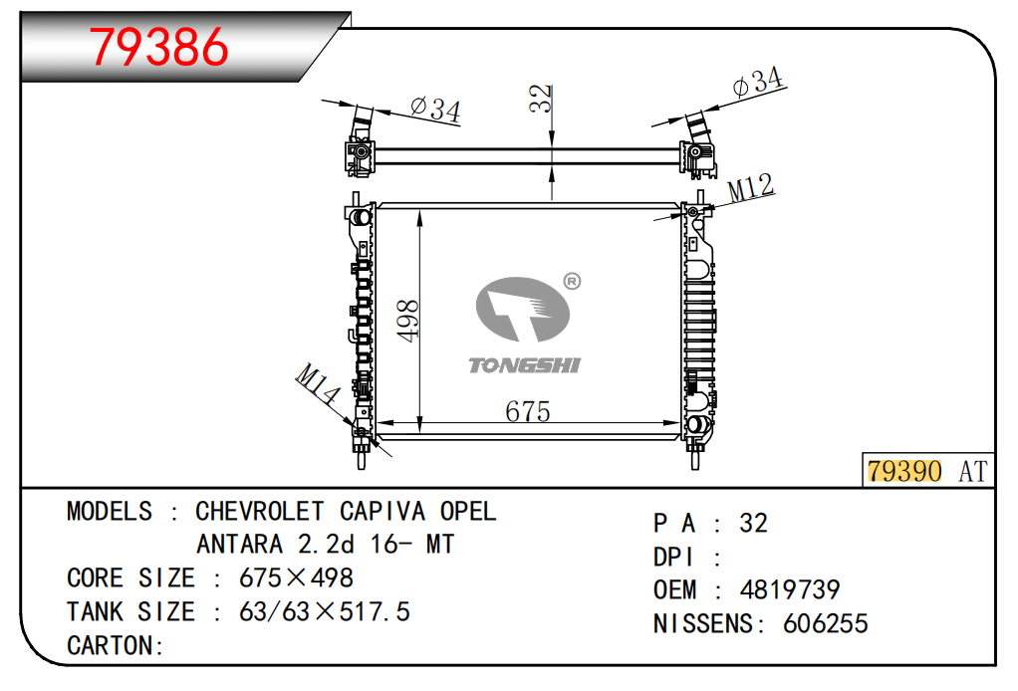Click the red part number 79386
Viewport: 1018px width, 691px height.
click(159, 47)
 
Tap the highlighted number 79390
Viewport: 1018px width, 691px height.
click(904, 471)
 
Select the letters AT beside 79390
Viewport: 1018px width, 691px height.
click(972, 472)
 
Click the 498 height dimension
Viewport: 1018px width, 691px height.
click(407, 321)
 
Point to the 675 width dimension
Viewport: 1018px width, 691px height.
click(527, 411)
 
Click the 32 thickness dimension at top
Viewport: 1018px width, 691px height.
click(540, 99)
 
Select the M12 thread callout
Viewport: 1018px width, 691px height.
click(750, 188)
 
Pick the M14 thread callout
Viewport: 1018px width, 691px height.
click(317, 383)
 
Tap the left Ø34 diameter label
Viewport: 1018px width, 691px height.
click(436, 110)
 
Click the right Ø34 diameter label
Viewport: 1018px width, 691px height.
click(758, 82)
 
